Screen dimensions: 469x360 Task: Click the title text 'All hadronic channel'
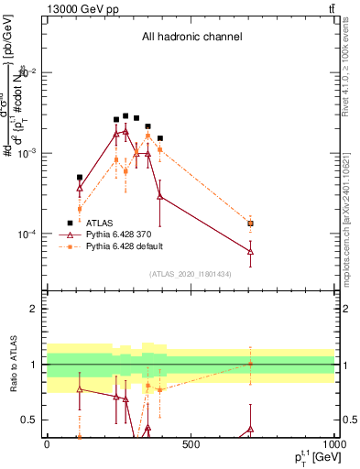(x=191, y=37)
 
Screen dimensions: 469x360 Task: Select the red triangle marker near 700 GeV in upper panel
(x=250, y=251)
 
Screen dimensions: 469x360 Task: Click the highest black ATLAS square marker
(x=125, y=116)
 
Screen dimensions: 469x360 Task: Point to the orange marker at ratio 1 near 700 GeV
(x=250, y=364)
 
